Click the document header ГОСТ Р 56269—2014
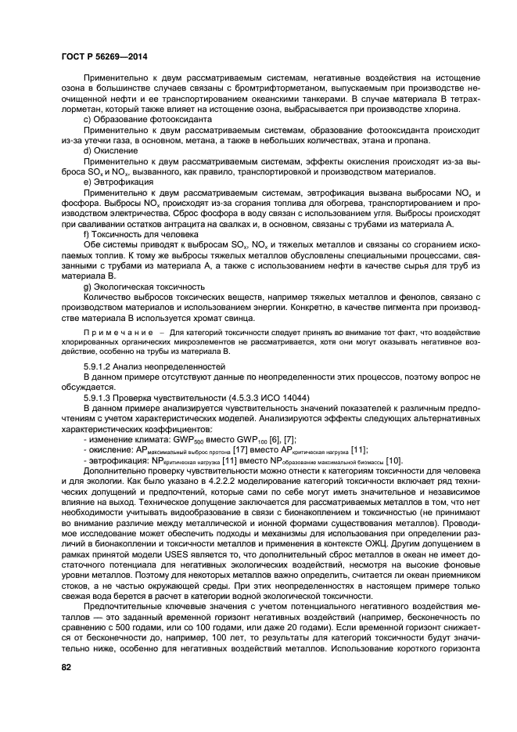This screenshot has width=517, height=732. coord(105,56)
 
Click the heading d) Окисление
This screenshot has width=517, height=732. coord(108,150)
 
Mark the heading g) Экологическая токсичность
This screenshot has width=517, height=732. coord(144,286)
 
